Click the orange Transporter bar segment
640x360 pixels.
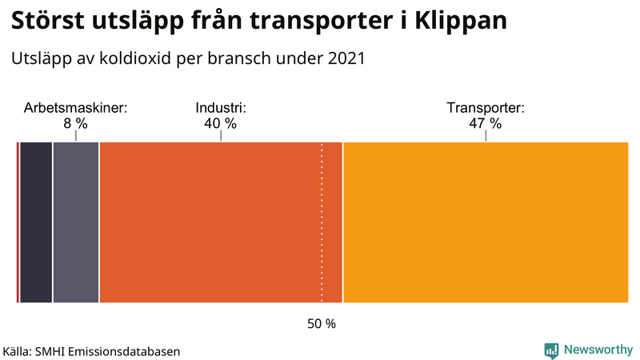click(485, 222)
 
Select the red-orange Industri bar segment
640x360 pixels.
click(220, 222)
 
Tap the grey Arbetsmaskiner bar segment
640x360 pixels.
click(76, 222)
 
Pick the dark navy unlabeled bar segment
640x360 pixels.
click(36, 222)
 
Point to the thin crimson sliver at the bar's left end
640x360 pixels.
click(18, 222)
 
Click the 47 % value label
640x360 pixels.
click(485, 123)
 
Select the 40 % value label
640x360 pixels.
click(220, 123)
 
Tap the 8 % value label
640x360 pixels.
click(75, 123)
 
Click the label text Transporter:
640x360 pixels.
click(485, 108)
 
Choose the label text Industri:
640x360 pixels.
click(220, 108)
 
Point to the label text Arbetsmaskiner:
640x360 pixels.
click(75, 108)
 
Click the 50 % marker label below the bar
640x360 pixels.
click(322, 324)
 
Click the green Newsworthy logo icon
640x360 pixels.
click(551, 350)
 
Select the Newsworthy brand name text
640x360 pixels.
click(598, 350)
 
